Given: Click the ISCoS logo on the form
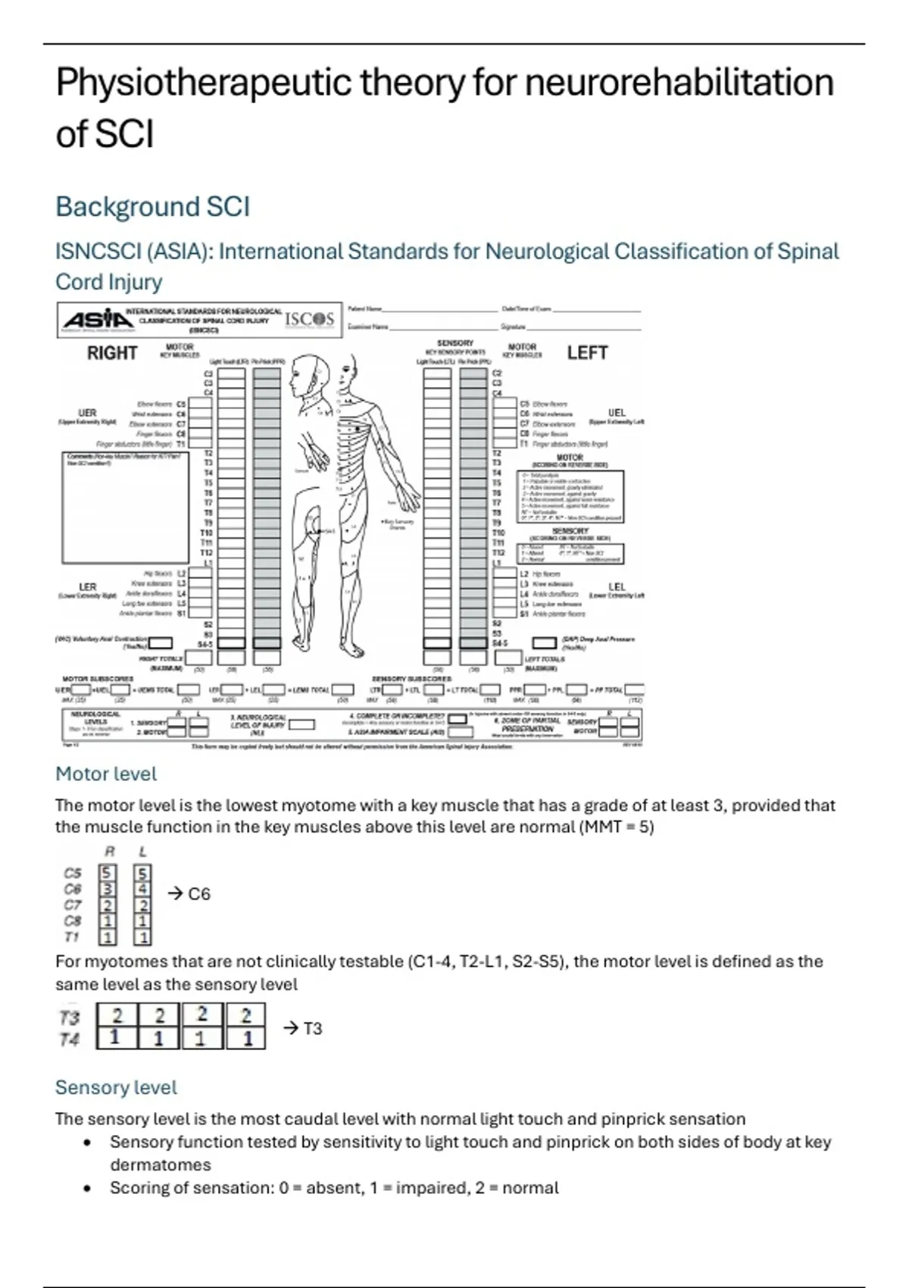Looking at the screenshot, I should click(x=309, y=319).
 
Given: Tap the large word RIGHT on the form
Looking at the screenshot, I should click(x=112, y=353).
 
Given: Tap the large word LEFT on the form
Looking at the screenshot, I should click(x=587, y=353).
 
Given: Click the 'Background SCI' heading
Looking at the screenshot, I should click(x=152, y=207).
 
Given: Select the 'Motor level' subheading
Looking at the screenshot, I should click(x=106, y=774).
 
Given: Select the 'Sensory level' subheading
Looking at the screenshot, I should click(x=116, y=1087).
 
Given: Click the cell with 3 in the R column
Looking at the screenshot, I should click(x=108, y=889).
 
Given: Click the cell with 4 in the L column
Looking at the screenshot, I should click(x=142, y=889).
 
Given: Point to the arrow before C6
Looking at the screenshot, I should click(x=175, y=894).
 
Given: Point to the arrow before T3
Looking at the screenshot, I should click(x=291, y=1028).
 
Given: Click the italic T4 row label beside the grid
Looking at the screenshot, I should click(x=69, y=1039).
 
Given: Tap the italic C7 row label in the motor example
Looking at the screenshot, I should click(x=73, y=905).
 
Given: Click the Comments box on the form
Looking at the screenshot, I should click(x=125, y=508).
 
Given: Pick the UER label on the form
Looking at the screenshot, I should click(x=88, y=413).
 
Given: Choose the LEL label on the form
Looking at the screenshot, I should click(x=617, y=586).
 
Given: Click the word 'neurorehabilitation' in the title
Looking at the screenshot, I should click(x=679, y=83).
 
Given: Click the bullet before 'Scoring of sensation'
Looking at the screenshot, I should click(x=88, y=1188).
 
